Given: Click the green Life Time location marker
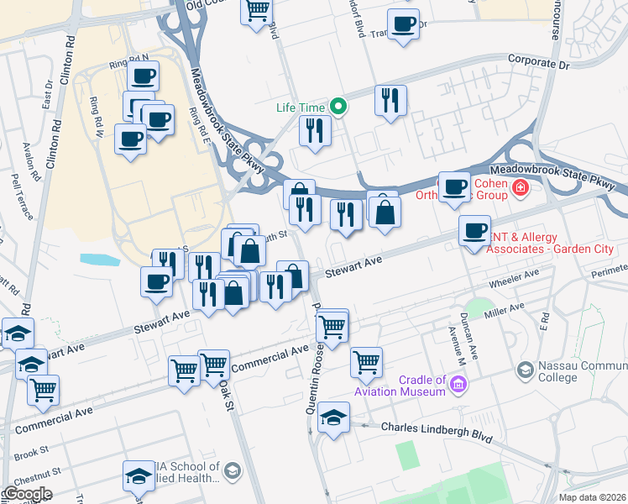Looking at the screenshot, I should click(x=338, y=107).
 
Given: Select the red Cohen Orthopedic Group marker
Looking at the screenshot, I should click(x=521, y=186).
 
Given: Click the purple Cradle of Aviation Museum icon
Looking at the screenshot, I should click(x=458, y=386).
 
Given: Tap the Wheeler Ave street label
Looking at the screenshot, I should click(x=519, y=277).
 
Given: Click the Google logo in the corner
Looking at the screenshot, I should click(x=27, y=493).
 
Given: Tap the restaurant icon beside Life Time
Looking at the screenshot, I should click(x=315, y=131).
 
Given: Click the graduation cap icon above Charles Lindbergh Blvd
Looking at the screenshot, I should click(x=333, y=417).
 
